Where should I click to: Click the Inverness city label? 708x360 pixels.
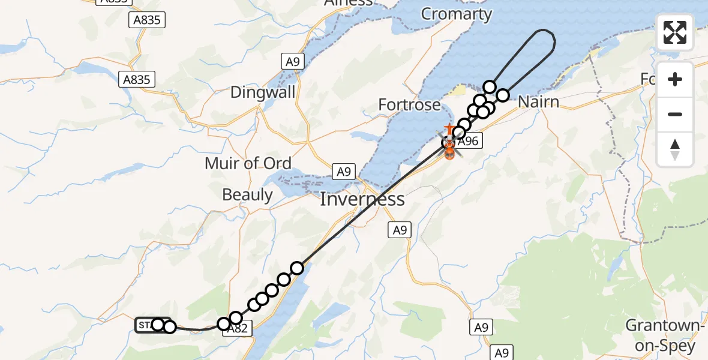[x=362, y=199]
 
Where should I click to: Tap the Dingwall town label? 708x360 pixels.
[x=263, y=92]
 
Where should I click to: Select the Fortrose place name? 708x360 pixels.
[x=409, y=106]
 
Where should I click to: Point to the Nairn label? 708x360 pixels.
[x=538, y=101]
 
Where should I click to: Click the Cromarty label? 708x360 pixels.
[x=456, y=14]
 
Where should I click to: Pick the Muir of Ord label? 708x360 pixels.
[x=248, y=163]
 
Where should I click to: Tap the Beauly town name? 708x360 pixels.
[x=247, y=194]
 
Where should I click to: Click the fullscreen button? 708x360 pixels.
[x=675, y=32]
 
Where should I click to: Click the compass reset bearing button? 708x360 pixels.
[x=675, y=149]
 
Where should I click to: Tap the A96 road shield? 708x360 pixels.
[x=467, y=142]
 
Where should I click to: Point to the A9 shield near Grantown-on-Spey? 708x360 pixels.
[x=481, y=327]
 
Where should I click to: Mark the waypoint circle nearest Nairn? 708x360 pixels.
[x=502, y=95]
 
